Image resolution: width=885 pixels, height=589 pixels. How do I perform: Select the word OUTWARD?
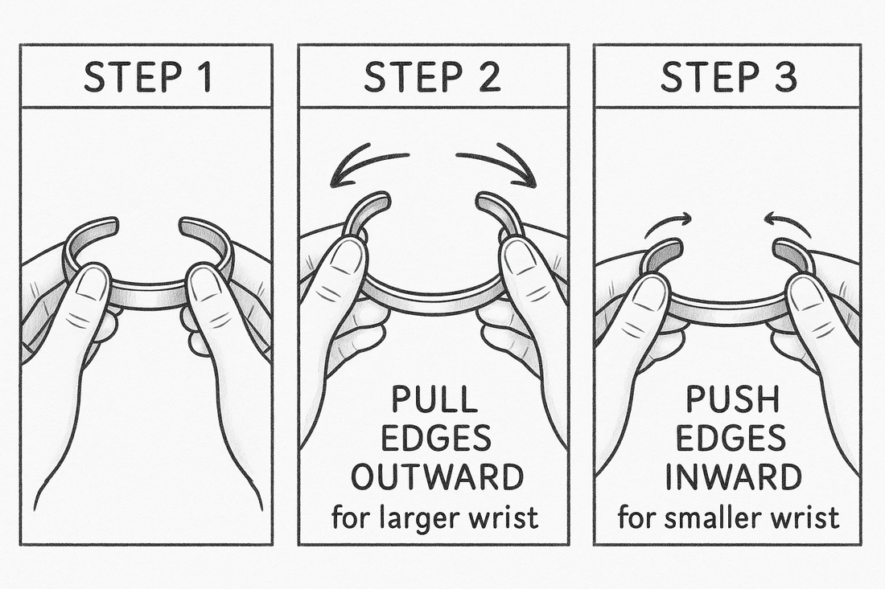[433, 477]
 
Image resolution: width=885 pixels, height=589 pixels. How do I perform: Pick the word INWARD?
[730, 477]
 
